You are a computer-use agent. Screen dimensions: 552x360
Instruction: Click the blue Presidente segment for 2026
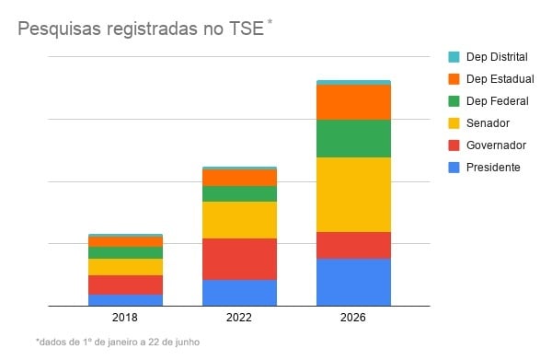click(353, 282)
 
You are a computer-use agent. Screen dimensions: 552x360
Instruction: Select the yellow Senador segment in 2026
click(353, 194)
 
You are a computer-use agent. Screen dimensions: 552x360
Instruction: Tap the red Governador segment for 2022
click(239, 260)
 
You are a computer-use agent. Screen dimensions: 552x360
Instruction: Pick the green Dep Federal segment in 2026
click(353, 138)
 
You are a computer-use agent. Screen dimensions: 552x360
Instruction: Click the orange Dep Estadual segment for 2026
click(353, 102)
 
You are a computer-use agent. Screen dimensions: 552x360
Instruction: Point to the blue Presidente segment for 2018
click(125, 300)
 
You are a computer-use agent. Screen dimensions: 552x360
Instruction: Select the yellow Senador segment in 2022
click(239, 220)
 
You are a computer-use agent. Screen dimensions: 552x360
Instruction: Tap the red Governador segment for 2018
click(125, 285)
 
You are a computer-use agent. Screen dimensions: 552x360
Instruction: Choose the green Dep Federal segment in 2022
click(239, 193)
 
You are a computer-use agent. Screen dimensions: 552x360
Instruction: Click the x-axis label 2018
click(125, 318)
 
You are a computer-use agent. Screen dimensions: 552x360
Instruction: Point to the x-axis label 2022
click(239, 318)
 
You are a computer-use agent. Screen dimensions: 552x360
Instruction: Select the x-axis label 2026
click(353, 318)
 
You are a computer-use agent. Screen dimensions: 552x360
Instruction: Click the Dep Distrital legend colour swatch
click(454, 57)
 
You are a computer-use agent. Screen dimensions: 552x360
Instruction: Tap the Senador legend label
click(488, 123)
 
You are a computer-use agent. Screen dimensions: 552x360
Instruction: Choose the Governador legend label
click(496, 145)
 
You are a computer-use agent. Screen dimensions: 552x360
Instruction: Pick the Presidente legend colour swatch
click(454, 168)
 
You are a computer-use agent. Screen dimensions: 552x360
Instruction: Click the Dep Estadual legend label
click(500, 79)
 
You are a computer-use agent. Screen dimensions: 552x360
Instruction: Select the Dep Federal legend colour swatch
click(454, 101)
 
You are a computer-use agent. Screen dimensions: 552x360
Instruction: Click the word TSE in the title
click(247, 29)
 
